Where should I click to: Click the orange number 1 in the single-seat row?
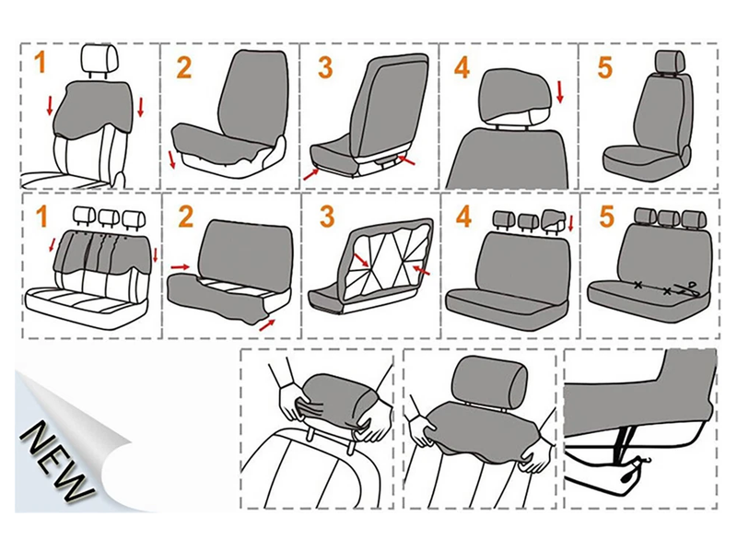click(41, 62)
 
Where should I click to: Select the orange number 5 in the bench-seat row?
click(607, 217)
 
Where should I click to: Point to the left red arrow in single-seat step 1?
click(50, 106)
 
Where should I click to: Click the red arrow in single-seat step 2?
click(172, 159)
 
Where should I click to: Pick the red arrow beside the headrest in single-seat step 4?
click(559, 91)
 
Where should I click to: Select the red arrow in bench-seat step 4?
click(571, 223)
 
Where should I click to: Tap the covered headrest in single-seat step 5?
click(670, 61)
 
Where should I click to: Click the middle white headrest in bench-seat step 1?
click(109, 217)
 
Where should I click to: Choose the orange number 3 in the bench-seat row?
click(327, 217)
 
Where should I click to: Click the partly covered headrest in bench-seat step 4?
click(555, 220)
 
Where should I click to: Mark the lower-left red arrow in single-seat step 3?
click(310, 174)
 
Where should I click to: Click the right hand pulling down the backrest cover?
click(537, 457)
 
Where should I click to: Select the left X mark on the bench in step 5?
click(638, 285)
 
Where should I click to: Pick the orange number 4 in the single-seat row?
click(462, 67)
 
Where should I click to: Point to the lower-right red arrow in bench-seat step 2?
click(267, 325)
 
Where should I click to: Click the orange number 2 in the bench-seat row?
click(186, 217)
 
